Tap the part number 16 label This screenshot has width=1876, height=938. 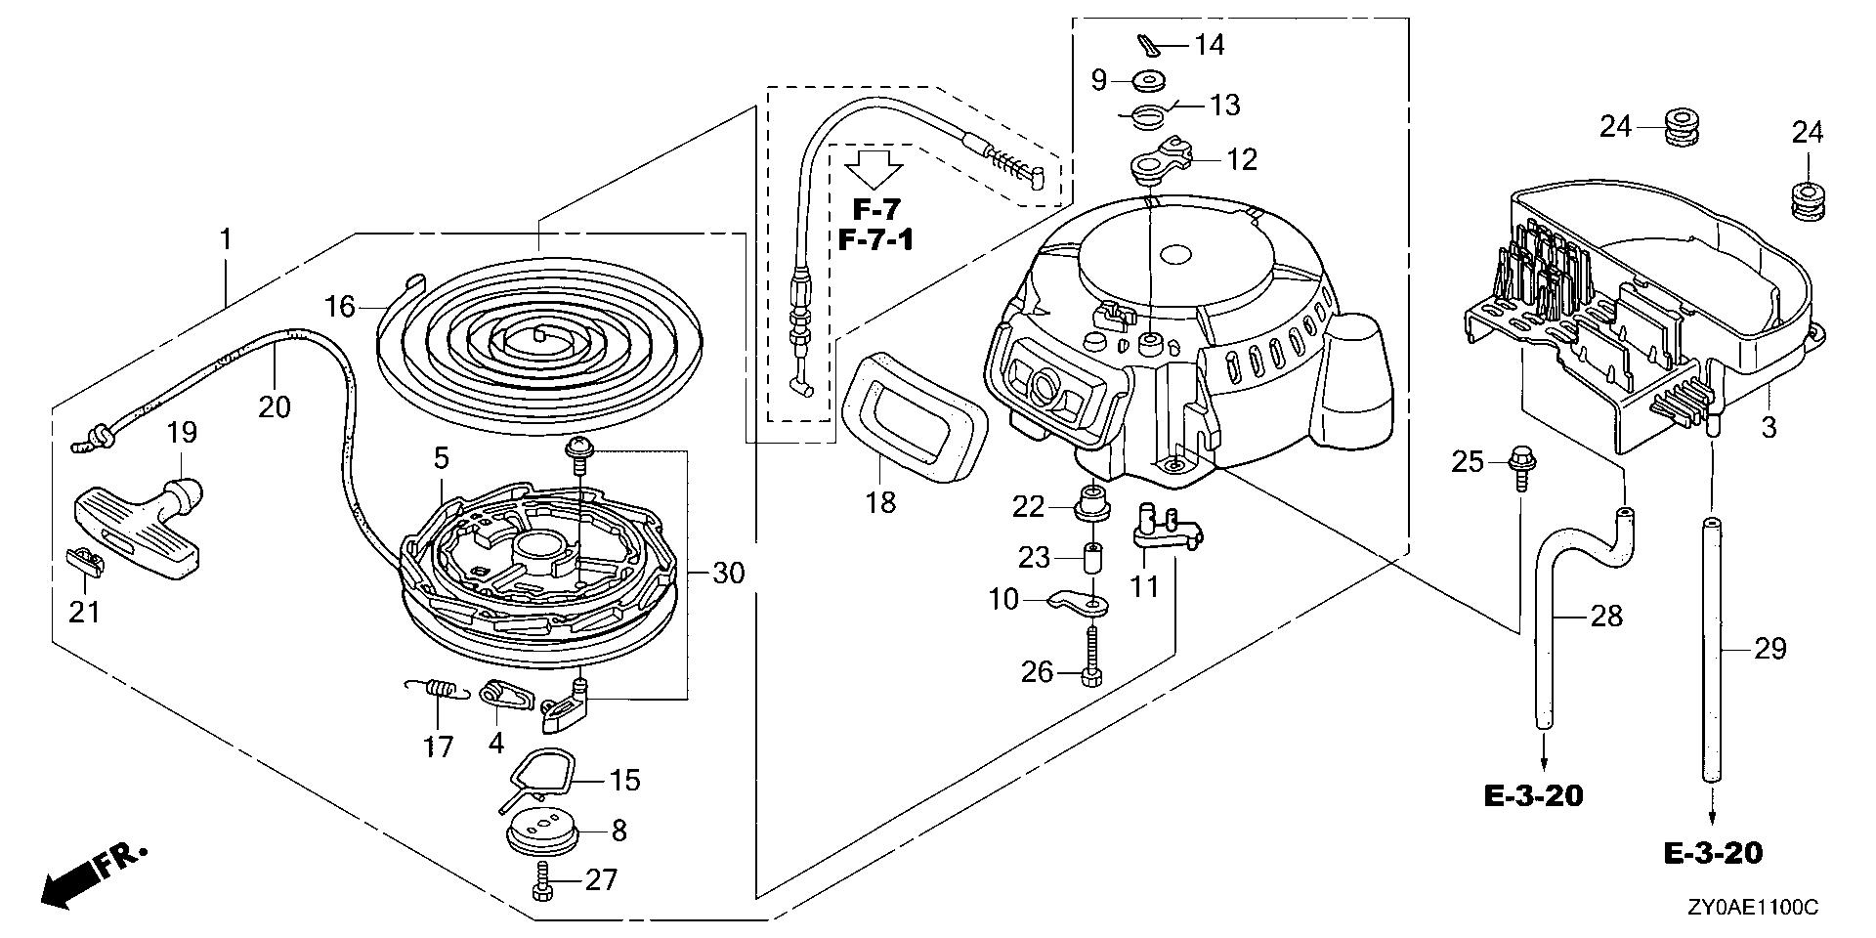coord(340,307)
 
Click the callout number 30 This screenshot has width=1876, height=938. coord(728,574)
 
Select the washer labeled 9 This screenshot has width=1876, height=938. coord(1147,80)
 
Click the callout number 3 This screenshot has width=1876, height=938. coord(1769,427)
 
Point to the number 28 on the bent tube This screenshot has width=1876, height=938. coord(1606,616)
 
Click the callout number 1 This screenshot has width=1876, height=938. coord(226,238)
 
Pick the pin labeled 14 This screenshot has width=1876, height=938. coord(1153,46)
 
